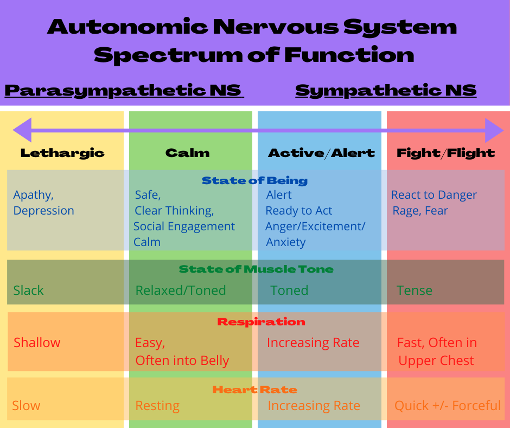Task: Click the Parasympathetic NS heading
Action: point(124,91)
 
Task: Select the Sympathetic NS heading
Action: point(386,91)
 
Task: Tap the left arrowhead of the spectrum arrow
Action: point(22,130)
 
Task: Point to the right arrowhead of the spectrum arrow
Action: point(494,130)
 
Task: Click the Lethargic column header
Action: point(62,153)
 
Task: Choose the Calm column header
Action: point(187,153)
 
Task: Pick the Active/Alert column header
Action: point(321,153)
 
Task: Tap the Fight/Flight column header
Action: point(445,153)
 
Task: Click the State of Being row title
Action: point(254,180)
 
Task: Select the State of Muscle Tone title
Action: point(256,269)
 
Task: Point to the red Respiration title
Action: point(261,322)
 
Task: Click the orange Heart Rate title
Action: point(254,389)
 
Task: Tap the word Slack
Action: point(28,290)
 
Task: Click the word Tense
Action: point(415,290)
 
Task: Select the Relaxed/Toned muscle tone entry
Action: point(181,290)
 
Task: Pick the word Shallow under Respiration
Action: point(37,342)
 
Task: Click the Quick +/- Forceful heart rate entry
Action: point(448,406)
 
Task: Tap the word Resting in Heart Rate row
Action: point(157,406)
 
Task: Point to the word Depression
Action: point(43,210)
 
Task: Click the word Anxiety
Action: point(286,242)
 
